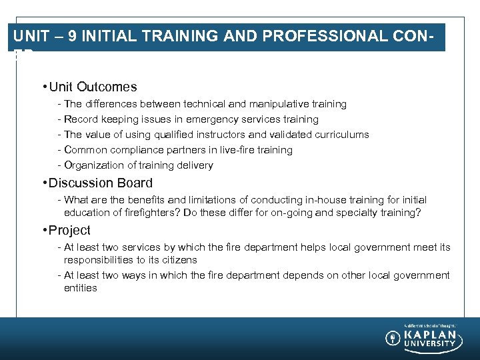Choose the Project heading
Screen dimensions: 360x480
click(x=69, y=230)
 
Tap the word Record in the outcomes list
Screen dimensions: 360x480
click(x=81, y=119)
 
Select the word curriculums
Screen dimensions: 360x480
click(x=340, y=135)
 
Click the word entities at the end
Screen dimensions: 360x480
click(x=81, y=288)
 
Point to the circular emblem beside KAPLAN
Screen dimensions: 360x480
click(x=393, y=338)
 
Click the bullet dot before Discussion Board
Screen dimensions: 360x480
click(x=43, y=183)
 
